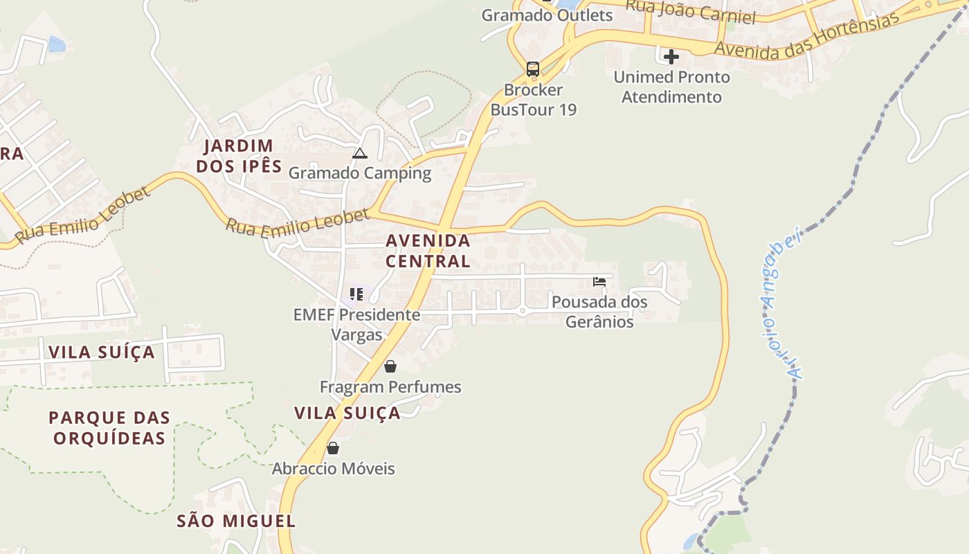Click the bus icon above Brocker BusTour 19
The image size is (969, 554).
(532, 69)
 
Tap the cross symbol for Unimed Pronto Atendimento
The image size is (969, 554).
(671, 57)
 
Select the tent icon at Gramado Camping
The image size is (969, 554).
(359, 154)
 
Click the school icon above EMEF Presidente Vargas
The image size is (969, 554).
(356, 294)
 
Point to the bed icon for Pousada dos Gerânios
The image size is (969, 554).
(599, 282)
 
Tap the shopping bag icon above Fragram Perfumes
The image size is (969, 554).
(390, 366)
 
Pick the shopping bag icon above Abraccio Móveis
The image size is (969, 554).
(333, 448)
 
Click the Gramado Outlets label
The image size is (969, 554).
(547, 15)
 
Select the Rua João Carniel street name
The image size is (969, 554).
(690, 11)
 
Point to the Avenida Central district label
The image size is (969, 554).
(428, 251)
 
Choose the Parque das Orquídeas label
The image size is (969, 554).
(109, 428)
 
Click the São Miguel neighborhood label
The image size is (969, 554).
(236, 521)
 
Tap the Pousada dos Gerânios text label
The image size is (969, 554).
(599, 312)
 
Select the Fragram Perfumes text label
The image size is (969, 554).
(390, 386)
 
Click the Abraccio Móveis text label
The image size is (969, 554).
(333, 469)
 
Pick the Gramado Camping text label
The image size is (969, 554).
(359, 173)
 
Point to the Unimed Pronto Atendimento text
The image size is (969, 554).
(671, 87)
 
